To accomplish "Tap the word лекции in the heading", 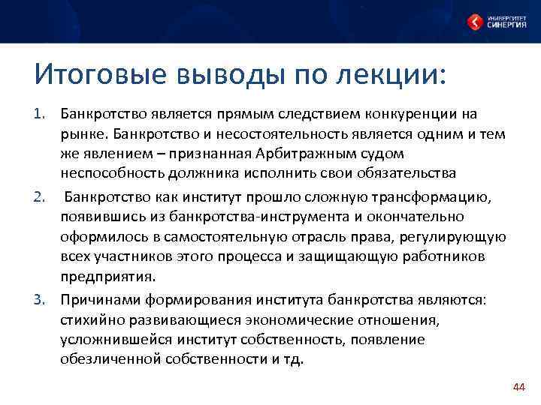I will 398,76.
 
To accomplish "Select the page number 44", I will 518,386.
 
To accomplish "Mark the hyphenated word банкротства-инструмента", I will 253,217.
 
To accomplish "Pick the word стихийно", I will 91,319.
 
